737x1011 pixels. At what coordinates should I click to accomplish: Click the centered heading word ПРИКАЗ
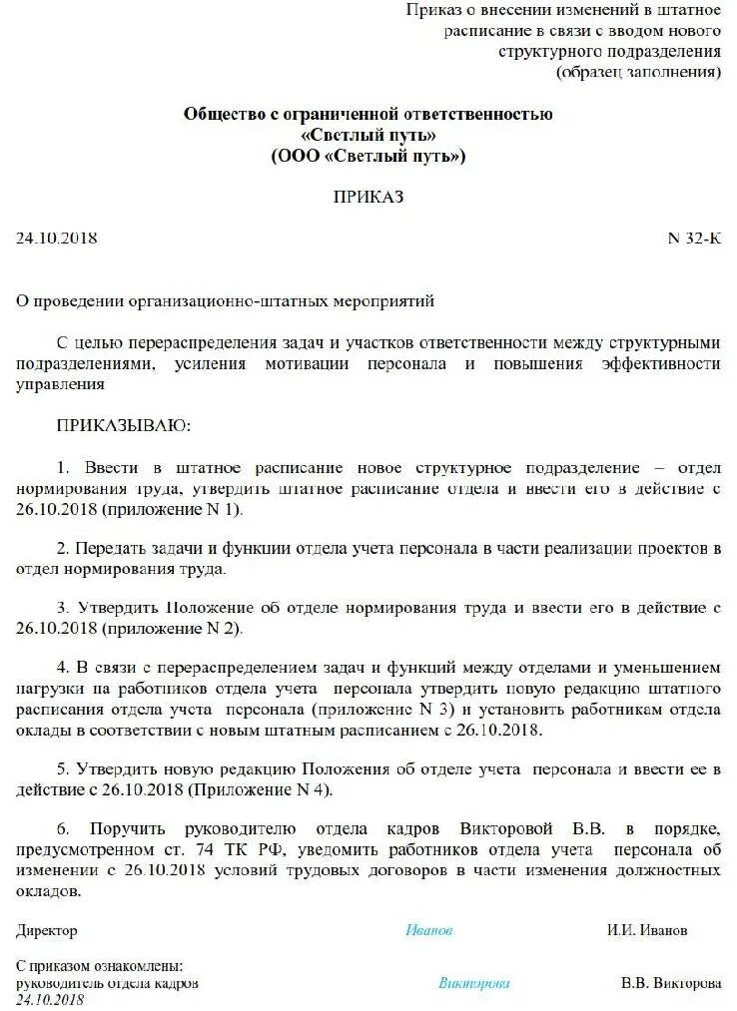[368, 198]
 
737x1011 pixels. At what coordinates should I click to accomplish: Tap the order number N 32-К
[693, 240]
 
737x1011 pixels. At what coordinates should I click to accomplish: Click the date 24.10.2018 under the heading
[57, 240]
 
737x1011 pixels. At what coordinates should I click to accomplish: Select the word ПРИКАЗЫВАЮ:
[123, 426]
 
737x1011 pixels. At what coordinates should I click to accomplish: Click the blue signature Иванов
[429, 930]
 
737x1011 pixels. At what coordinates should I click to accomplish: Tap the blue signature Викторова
[474, 983]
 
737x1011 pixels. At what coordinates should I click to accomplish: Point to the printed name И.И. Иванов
[647, 930]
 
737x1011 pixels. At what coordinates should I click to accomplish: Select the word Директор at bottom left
[47, 930]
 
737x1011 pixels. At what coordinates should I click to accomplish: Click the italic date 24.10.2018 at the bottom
[50, 999]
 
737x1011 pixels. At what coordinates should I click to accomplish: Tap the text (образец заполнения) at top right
[638, 72]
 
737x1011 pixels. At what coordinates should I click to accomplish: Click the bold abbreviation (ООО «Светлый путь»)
[368, 156]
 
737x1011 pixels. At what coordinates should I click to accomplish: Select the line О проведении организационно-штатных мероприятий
[226, 300]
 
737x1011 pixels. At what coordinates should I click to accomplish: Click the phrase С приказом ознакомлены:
[100, 967]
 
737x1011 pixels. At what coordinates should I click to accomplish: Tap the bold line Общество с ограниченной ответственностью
[368, 114]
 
